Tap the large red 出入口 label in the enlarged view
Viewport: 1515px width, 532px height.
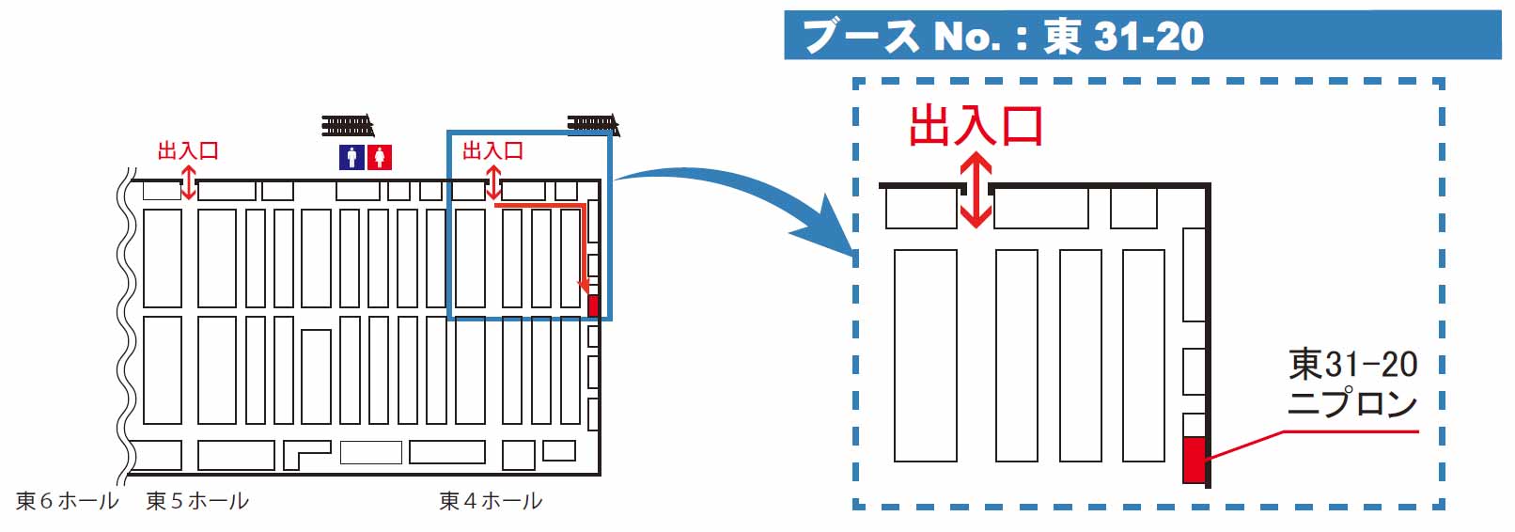[976, 126]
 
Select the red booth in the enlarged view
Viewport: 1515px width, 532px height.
[1193, 460]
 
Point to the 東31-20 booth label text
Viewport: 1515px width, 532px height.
[1352, 364]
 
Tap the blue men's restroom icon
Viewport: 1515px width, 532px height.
[351, 157]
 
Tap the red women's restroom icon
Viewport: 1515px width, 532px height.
[379, 157]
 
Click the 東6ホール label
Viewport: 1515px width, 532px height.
[67, 501]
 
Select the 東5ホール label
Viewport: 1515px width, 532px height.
[197, 501]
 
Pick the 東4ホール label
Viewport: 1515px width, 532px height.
[491, 501]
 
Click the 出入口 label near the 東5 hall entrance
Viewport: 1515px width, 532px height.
[188, 150]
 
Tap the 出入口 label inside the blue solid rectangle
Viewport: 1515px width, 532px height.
[492, 150]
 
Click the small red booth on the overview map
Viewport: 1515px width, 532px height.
[593, 305]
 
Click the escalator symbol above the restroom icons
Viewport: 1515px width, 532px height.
[347, 125]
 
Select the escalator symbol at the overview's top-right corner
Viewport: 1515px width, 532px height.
[592, 123]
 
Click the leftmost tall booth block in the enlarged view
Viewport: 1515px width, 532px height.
[925, 355]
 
